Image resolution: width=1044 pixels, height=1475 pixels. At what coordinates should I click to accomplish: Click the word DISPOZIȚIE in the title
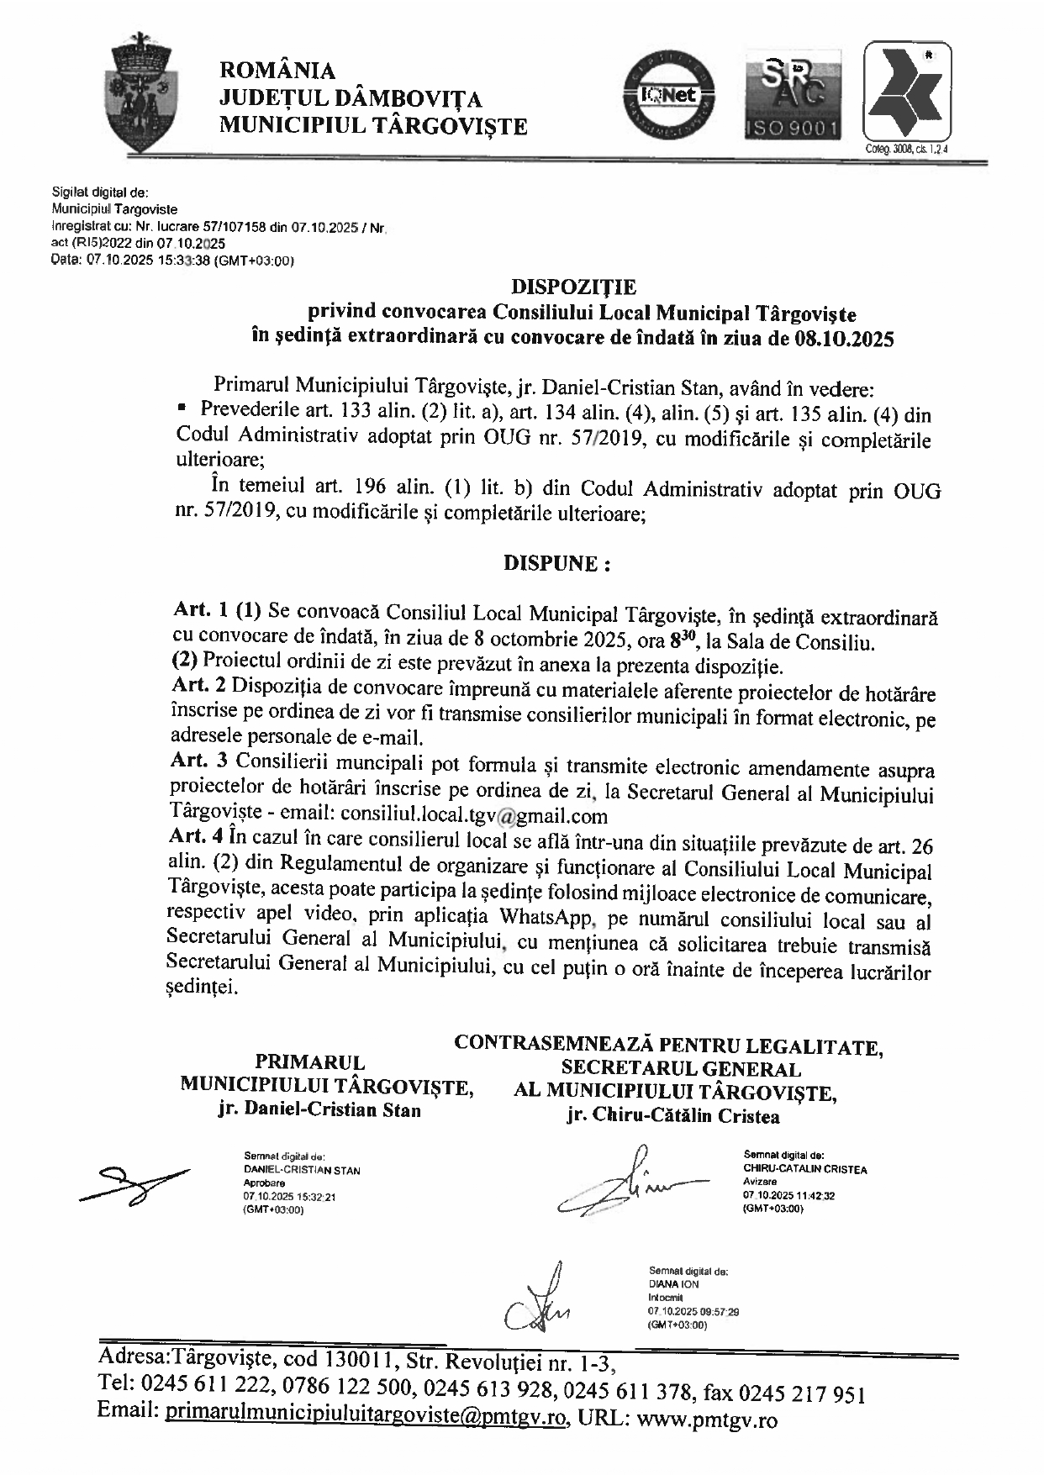click(575, 287)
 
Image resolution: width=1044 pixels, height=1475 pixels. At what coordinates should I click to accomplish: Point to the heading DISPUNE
click(556, 563)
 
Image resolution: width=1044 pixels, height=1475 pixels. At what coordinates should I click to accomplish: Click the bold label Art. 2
click(198, 686)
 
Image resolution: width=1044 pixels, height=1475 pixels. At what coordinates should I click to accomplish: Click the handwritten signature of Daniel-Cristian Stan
click(134, 1184)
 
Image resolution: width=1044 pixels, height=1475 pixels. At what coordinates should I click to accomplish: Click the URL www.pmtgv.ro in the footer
click(708, 1420)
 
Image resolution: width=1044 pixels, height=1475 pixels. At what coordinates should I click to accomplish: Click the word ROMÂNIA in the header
click(277, 71)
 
